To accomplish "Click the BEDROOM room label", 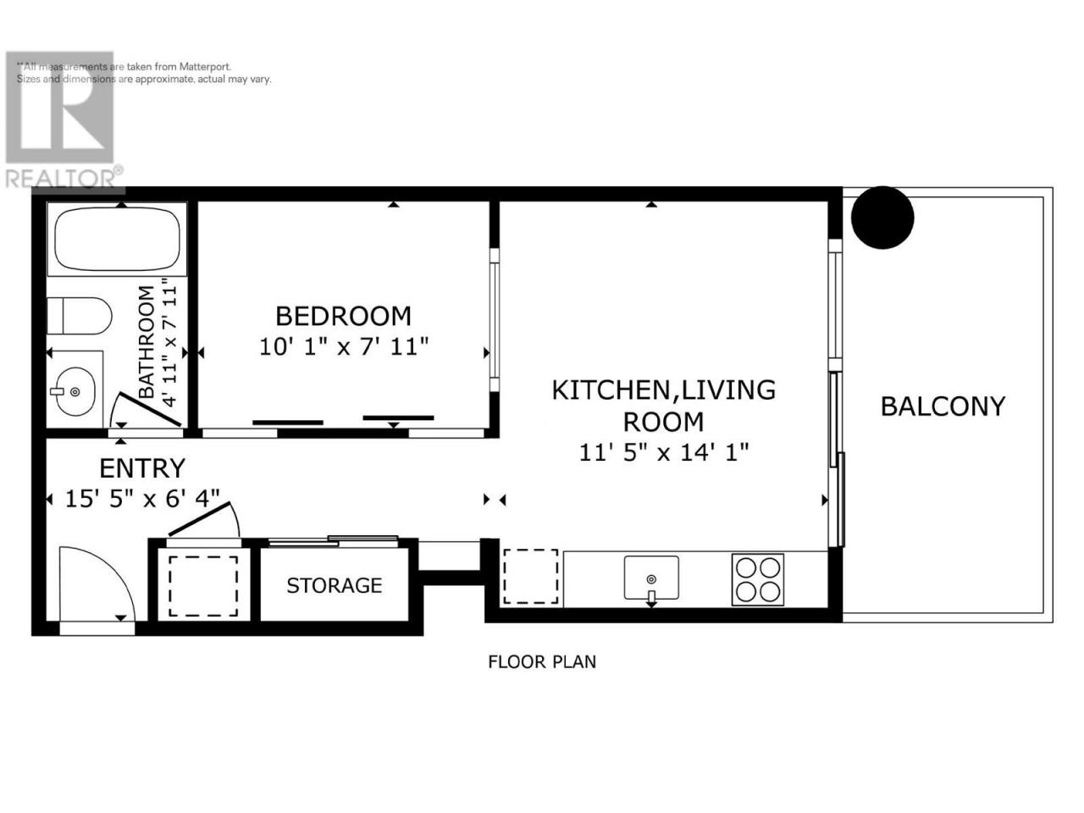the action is [x=343, y=316].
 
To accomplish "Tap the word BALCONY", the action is [x=943, y=406].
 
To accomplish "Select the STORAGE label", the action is [x=335, y=585].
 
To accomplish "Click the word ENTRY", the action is [x=142, y=468].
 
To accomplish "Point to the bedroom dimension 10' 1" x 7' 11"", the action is [x=344, y=346].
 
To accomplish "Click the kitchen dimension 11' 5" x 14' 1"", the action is [x=664, y=451].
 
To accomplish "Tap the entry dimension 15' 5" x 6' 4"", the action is [x=142, y=499].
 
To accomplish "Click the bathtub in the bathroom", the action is [x=117, y=239].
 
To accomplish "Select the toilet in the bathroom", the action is [x=80, y=316].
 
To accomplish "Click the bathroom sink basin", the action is [x=75, y=391].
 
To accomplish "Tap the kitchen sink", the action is [x=651, y=578].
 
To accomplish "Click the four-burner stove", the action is [x=758, y=579].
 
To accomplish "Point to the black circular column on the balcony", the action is [x=882, y=217].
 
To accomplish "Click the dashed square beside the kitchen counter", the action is [x=530, y=577].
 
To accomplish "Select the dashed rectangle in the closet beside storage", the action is [x=203, y=586].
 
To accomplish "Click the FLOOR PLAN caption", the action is [x=542, y=661].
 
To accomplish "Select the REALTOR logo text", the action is [x=60, y=179].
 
